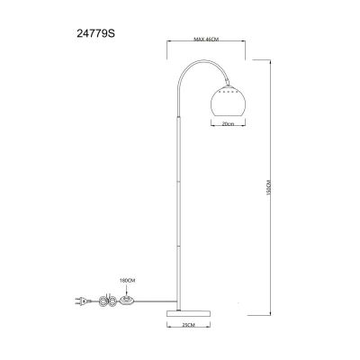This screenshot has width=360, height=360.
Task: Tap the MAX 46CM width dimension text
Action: pos(207,40)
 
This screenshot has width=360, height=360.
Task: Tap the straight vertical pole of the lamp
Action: pos(180,198)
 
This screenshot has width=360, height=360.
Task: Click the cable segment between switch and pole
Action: pos(153,301)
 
